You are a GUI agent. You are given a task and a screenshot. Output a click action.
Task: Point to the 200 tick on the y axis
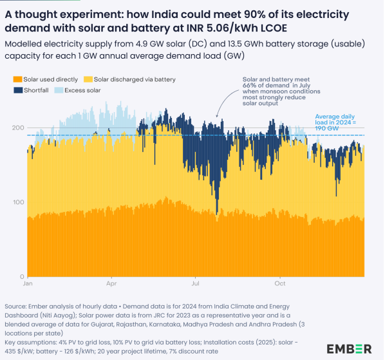pos(17,128)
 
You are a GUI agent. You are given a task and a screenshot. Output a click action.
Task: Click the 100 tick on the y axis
pos(17,202)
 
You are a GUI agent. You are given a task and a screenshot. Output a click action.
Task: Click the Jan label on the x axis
pos(28,283)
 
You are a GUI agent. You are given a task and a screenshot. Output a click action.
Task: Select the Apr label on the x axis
pos(112,283)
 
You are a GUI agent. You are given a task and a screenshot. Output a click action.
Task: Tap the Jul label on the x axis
pos(195,283)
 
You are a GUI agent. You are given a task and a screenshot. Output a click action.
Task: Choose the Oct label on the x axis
pos(279,283)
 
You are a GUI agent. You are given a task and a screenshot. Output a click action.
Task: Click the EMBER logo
pos(349,348)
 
